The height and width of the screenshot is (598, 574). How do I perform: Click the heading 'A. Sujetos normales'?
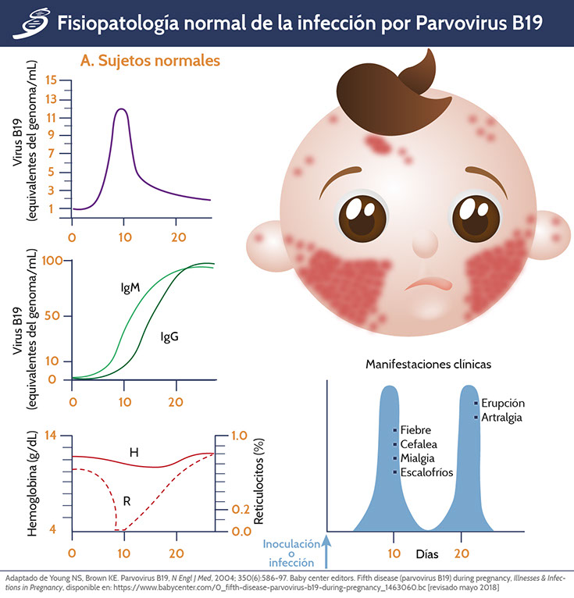pyautogui.click(x=150, y=60)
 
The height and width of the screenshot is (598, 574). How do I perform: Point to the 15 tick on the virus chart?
pyautogui.click(x=52, y=80)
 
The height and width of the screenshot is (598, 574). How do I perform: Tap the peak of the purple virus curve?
pyautogui.click(x=121, y=109)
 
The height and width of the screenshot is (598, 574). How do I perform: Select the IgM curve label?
pyautogui.click(x=130, y=288)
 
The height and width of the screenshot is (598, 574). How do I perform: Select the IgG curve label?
pyautogui.click(x=169, y=336)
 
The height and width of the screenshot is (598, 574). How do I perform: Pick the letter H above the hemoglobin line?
pyautogui.click(x=134, y=451)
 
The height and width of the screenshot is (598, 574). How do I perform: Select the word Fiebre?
pyautogui.click(x=415, y=430)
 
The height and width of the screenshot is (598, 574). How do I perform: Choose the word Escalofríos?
pyautogui.click(x=426, y=472)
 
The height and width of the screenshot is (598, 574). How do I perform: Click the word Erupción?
pyautogui.click(x=503, y=403)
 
